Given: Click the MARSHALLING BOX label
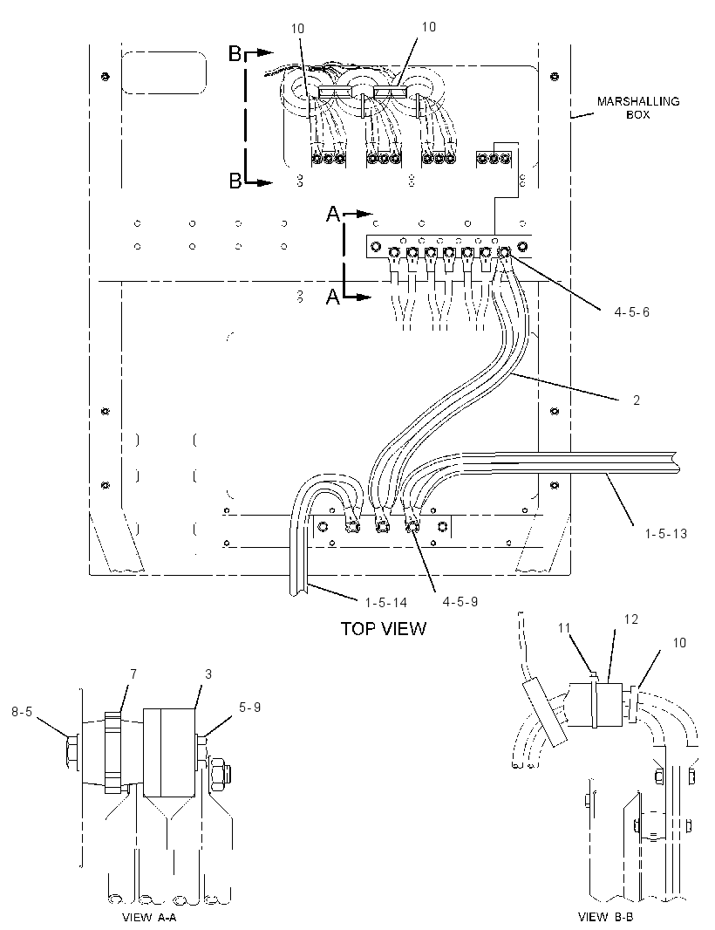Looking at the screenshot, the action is point(638,107).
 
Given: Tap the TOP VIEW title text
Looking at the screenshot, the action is point(383,629).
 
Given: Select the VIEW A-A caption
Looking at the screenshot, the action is point(149,918).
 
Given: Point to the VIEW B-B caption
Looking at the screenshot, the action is point(605,917).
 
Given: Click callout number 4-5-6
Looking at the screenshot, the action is point(631,312).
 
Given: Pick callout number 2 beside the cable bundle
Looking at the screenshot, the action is point(637,400).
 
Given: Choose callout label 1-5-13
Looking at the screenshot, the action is point(666,534).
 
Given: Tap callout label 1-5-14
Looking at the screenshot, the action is point(386,603).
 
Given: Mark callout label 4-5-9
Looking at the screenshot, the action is point(460,601).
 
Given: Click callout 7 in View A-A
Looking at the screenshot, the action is point(133,674).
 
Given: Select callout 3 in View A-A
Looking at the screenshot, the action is point(208,674).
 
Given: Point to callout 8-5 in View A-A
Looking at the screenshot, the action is point(22,711).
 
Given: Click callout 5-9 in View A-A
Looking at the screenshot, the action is point(249,708).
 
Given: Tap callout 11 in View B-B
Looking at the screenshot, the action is point(564,627).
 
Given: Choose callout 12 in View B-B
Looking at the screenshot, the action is point(631,619).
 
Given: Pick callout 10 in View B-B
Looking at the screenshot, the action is point(679,643).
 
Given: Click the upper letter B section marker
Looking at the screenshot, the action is point(235,54).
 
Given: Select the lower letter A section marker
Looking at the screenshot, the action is point(333,296).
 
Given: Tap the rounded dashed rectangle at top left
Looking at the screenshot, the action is point(164,72).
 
